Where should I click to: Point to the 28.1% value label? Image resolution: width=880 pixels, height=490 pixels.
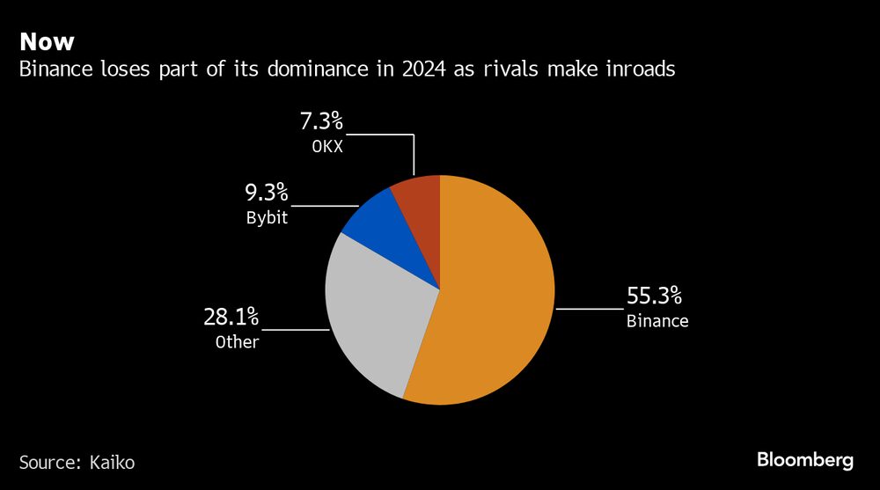[231, 317]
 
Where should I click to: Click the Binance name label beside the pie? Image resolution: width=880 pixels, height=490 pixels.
[657, 321]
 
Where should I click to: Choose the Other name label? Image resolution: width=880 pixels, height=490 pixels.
[238, 341]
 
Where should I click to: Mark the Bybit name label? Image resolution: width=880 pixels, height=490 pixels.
[268, 217]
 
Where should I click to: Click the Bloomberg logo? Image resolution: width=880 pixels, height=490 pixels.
[805, 460]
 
